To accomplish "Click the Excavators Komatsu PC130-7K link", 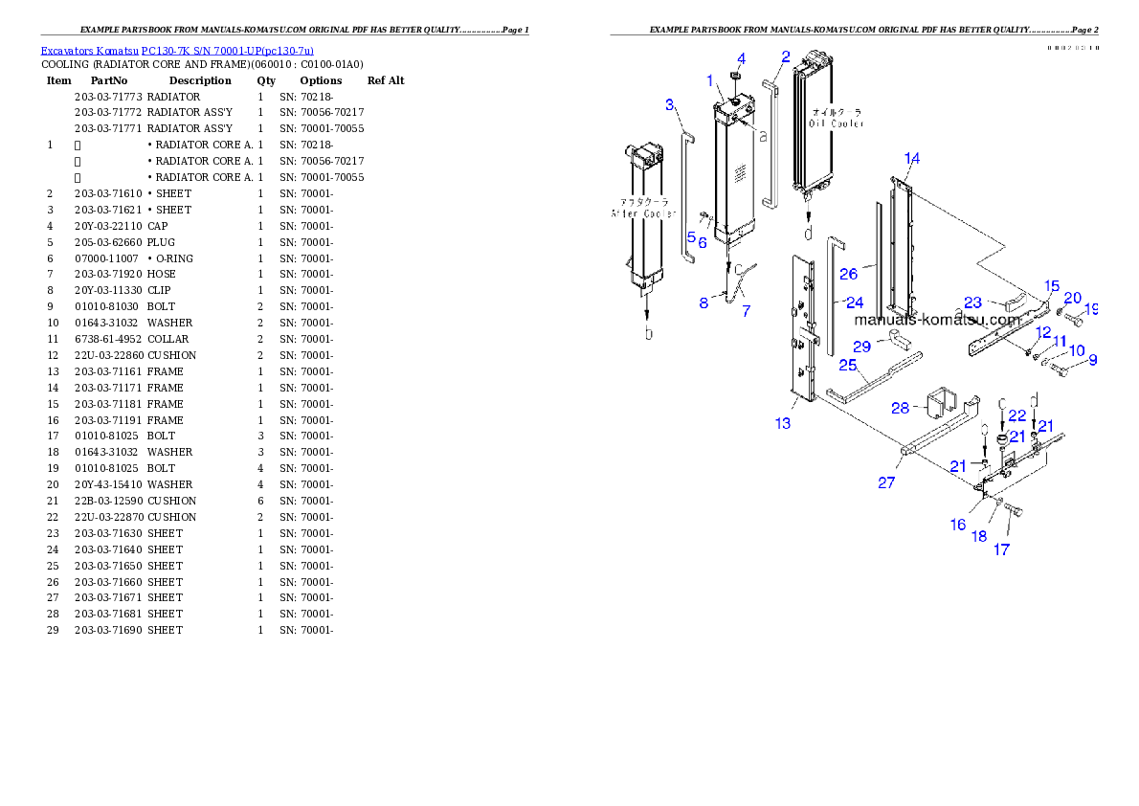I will click(x=177, y=50).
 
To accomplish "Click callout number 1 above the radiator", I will click(x=710, y=79).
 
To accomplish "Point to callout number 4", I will click(x=741, y=58).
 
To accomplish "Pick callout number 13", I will click(x=783, y=423).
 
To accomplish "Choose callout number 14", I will click(x=912, y=158).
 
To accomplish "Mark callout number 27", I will click(x=886, y=482).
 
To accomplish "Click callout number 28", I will click(x=900, y=408).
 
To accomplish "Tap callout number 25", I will click(x=847, y=365).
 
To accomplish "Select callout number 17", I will click(x=1001, y=549).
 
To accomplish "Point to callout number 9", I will click(x=1092, y=361).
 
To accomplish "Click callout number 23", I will click(x=972, y=303).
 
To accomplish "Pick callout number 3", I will click(x=670, y=103).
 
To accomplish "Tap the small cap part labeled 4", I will click(x=735, y=77).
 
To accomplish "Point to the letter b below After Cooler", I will click(x=648, y=333).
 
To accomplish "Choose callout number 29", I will click(x=861, y=345).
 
